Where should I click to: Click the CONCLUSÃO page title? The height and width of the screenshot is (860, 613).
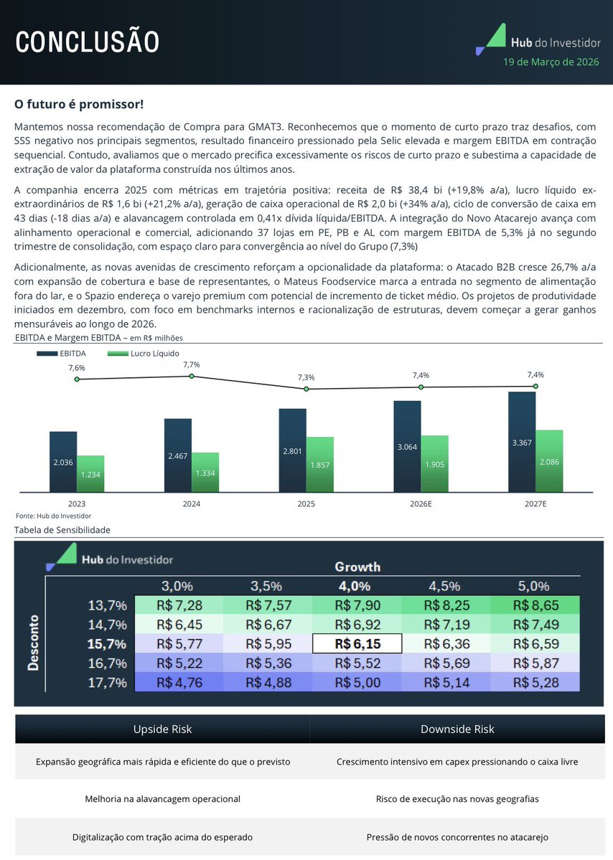coord(88,42)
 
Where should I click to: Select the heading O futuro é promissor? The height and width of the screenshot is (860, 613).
coord(79,105)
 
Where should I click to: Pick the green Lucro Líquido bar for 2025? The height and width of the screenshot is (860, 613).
coord(319,464)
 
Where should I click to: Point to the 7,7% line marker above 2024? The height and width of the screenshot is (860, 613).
coord(192,376)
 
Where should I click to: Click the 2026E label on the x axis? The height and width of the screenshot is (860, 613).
coord(421,504)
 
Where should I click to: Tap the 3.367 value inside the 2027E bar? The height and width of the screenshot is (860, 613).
coord(522,443)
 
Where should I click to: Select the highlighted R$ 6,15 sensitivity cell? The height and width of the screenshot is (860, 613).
coord(357,643)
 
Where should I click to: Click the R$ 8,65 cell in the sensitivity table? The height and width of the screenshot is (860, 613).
coord(535,605)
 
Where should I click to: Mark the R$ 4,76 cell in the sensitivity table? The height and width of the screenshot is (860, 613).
coord(179,682)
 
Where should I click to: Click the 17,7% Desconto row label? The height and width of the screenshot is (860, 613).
coord(107,682)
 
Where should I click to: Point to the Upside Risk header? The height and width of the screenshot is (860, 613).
coord(162,729)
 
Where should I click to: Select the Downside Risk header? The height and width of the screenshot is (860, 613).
coord(457,729)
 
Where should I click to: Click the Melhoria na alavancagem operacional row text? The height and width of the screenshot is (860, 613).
coord(162,798)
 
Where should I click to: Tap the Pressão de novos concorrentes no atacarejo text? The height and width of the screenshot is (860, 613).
coord(457,836)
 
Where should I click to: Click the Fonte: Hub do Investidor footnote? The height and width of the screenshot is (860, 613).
coord(53,516)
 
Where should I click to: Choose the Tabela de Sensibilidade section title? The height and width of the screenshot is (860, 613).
coord(63,530)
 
